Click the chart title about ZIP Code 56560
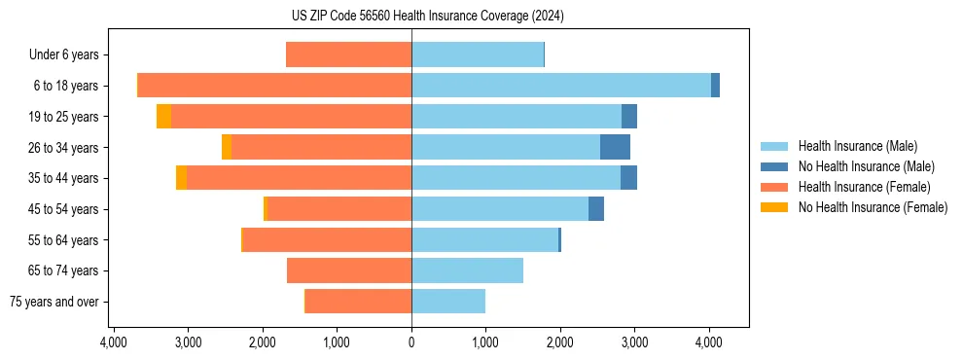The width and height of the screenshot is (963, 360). (427, 16)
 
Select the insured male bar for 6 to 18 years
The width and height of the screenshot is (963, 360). (560, 86)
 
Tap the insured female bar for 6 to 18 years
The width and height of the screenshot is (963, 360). (274, 86)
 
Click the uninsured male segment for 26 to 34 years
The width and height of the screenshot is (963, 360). (615, 147)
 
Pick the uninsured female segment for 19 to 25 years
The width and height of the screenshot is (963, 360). (163, 117)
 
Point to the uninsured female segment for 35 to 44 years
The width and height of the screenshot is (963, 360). (181, 178)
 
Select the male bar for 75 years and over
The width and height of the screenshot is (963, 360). (448, 302)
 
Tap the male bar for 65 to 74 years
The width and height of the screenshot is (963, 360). (467, 270)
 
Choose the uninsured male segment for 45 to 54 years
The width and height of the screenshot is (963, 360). (596, 209)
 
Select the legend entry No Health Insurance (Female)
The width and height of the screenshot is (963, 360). (873, 207)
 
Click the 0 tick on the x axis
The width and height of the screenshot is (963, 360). (411, 342)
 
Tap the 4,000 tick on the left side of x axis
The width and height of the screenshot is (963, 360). (113, 342)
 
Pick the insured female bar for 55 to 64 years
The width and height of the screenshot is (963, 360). (327, 239)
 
